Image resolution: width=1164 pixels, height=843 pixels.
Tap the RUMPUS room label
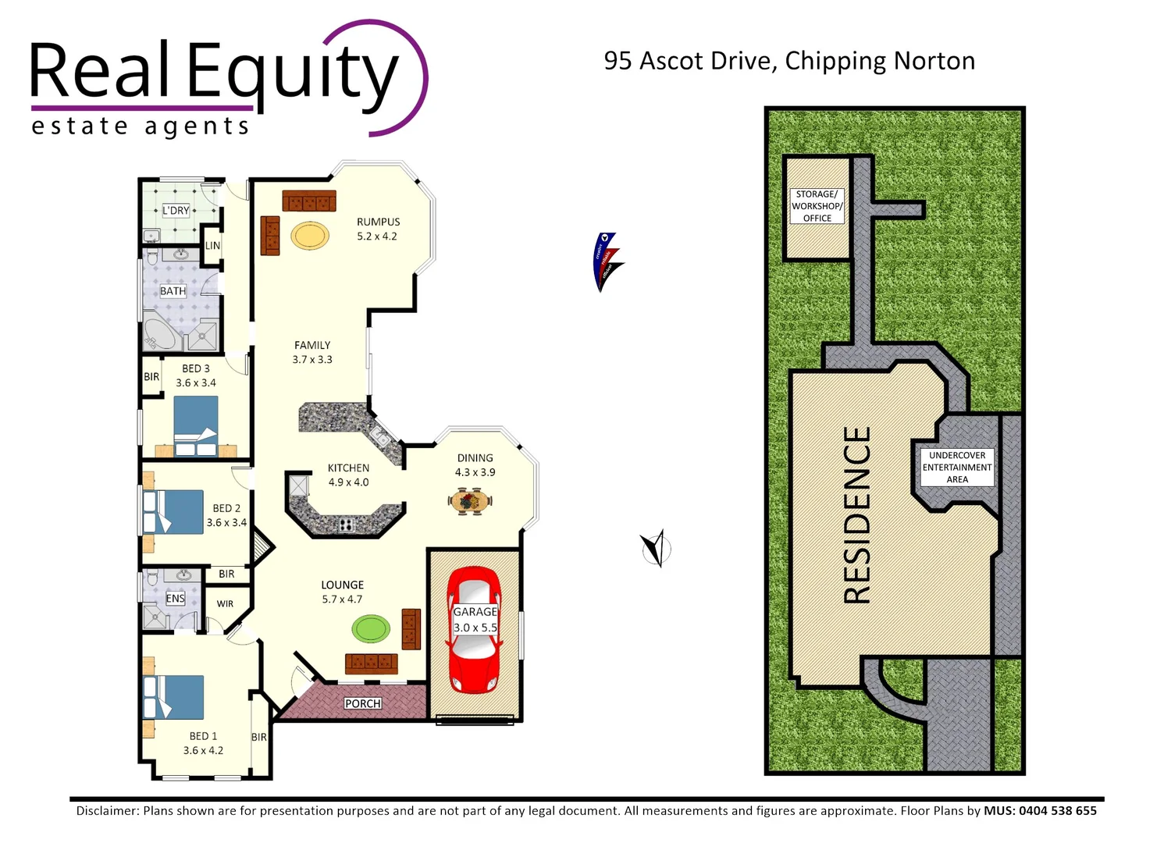[x=378, y=222]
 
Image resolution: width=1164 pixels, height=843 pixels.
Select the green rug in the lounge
[x=370, y=628]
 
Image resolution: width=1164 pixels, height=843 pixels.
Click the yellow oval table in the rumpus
[x=310, y=235]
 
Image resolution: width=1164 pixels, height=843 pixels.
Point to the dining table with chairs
[x=470, y=500]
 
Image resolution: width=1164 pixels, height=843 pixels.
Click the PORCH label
[x=363, y=703]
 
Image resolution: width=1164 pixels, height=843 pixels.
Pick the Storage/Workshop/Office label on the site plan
[x=817, y=206]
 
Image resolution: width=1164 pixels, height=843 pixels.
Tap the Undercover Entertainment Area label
[x=956, y=468]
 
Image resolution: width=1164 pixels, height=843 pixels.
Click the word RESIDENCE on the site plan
[x=857, y=515]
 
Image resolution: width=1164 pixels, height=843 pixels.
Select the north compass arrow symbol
[x=654, y=548]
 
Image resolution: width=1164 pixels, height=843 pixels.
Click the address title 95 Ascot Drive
[x=788, y=61]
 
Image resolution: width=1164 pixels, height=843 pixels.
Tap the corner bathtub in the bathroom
[x=160, y=334]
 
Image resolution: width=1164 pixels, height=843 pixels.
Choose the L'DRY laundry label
[x=176, y=211]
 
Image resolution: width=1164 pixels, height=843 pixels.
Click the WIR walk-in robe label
[x=225, y=603]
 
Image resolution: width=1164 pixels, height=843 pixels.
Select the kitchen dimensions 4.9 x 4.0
[x=348, y=482]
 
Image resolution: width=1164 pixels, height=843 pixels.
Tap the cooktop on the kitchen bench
[x=346, y=525]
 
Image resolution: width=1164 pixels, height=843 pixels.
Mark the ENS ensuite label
[x=175, y=599]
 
